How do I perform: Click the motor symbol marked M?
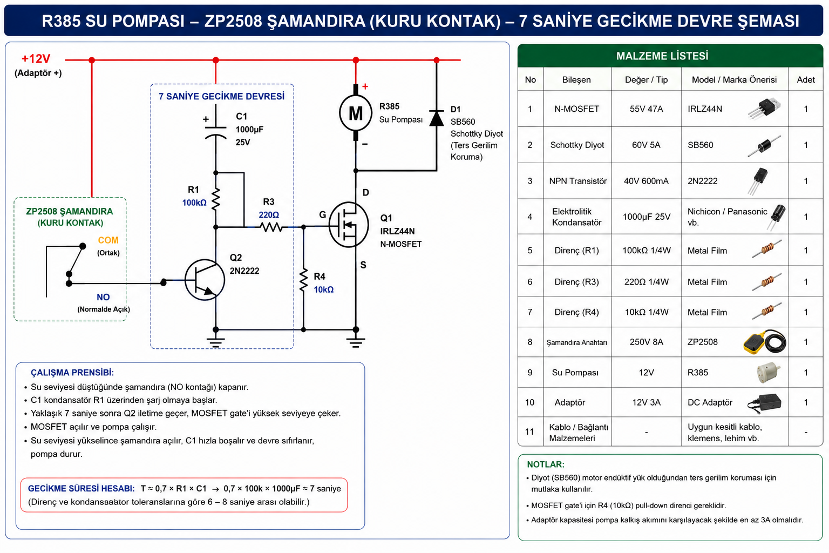coord(356,113)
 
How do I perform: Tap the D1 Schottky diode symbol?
coord(436,118)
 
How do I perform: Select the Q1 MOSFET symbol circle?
coord(349,225)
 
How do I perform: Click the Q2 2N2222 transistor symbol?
coord(205,280)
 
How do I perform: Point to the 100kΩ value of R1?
coord(194,203)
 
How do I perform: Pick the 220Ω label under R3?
coord(269,215)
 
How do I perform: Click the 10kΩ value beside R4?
coord(324,289)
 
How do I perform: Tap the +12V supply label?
coord(36,58)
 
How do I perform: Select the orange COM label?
coord(108,240)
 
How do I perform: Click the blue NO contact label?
coord(103,297)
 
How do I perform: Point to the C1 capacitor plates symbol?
coord(215,132)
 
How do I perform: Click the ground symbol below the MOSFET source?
coord(356,342)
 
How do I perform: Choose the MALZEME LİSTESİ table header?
coord(662,56)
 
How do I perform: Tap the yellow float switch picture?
coord(765,342)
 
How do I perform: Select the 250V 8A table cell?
coord(646,342)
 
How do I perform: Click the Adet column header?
coord(806,79)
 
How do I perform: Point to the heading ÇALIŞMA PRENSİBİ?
coord(72,373)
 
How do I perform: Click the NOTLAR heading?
coord(546,464)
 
